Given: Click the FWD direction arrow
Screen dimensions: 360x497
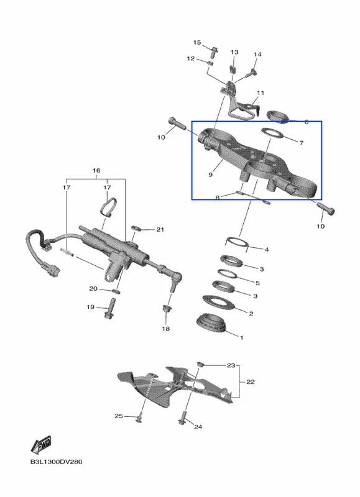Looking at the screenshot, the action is coord(41,445).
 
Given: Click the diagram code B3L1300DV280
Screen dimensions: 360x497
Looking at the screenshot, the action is coord(57,462).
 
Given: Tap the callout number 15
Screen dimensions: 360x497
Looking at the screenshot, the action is coord(197,42).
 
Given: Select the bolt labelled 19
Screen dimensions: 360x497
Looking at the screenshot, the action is coord(109,309).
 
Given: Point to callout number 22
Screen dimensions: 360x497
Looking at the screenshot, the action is coord(251,381).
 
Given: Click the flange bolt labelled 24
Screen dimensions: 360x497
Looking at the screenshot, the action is coord(183,417).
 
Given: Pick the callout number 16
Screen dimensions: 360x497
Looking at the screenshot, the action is coord(96,170).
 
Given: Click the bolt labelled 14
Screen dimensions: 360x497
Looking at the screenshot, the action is coord(250,73).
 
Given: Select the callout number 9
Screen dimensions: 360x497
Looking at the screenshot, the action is coord(211,175).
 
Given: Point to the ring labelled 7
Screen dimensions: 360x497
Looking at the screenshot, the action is coord(272,134).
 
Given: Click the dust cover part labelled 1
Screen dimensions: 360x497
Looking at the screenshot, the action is coord(212,324).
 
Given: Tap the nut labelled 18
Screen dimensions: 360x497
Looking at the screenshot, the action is coord(166,308).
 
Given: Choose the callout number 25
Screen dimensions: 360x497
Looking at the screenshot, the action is coord(118,416).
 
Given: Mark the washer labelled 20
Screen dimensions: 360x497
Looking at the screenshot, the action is coord(116,291).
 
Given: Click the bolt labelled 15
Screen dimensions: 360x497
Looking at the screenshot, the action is coord(214,52).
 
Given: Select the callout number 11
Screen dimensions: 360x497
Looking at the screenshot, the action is coord(261,93).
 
